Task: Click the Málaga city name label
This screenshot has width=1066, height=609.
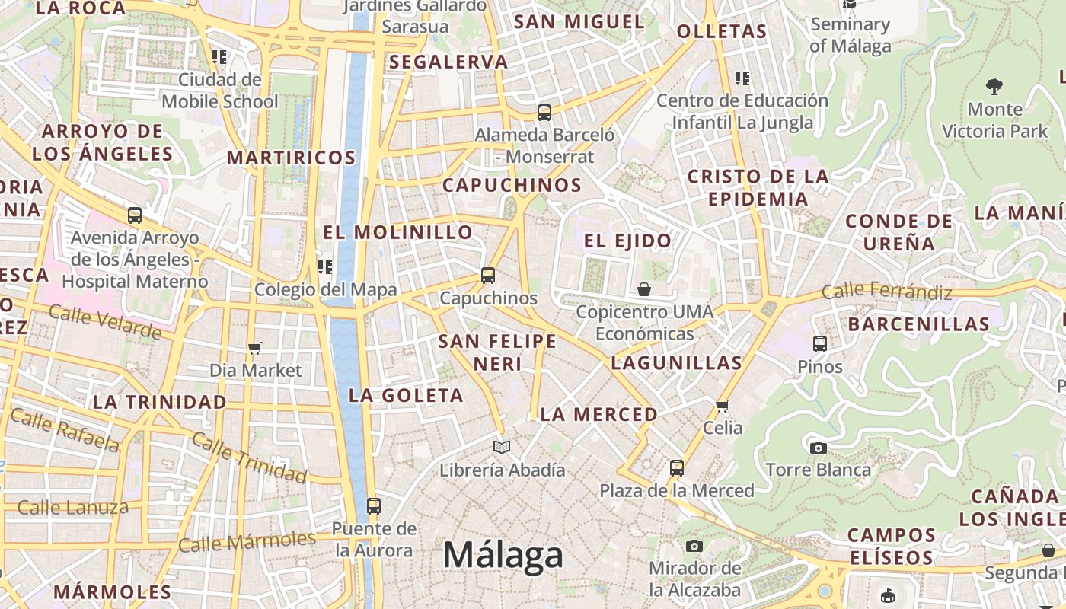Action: tap(503, 555)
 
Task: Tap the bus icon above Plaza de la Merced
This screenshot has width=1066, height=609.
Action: tap(676, 468)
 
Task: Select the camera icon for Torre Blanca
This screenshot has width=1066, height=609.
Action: tap(819, 448)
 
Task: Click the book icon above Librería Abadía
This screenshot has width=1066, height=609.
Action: tap(501, 447)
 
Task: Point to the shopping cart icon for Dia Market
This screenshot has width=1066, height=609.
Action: tap(255, 348)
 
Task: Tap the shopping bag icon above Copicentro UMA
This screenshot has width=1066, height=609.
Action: tap(644, 289)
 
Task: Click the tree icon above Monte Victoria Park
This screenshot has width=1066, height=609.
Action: tap(994, 86)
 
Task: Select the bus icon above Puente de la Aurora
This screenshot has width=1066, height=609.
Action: tap(373, 505)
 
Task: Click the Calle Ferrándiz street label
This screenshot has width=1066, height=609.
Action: tap(886, 291)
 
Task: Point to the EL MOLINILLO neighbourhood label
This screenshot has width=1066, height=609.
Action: tap(398, 233)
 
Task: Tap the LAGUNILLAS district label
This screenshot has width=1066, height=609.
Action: tap(676, 363)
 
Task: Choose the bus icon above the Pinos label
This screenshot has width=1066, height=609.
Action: tap(819, 344)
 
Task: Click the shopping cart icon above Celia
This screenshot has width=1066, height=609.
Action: tap(723, 405)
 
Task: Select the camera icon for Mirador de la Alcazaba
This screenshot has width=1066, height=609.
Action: tap(694, 546)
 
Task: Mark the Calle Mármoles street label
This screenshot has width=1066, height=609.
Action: tap(247, 543)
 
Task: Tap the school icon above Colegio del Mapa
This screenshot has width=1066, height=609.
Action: tap(325, 266)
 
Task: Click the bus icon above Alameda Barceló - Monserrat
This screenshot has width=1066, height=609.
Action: tap(544, 113)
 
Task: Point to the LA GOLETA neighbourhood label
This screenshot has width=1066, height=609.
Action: tap(406, 396)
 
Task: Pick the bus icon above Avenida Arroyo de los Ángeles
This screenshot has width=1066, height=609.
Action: tap(135, 215)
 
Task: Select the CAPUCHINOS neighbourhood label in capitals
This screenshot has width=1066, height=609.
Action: tap(512, 185)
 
